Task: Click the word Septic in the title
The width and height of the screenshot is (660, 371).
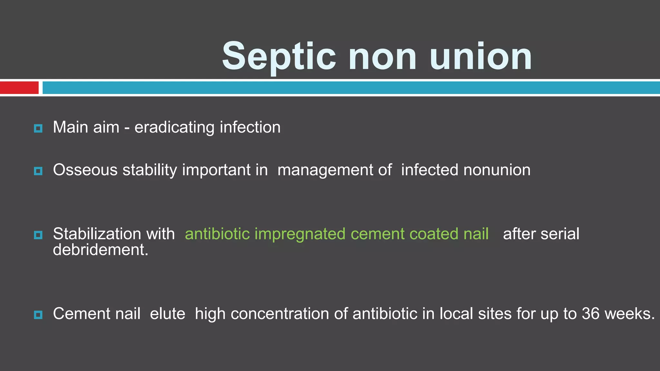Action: click(279, 57)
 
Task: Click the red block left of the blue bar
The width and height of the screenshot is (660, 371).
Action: click(19, 88)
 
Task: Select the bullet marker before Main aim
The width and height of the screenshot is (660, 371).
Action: click(38, 128)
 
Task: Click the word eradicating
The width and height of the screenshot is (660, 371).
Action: click(174, 127)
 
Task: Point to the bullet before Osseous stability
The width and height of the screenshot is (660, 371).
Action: click(38, 171)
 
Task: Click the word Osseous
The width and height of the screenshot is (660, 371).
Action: click(85, 170)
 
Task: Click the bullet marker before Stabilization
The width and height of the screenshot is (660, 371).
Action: click(38, 235)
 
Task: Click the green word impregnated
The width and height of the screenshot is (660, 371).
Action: click(300, 234)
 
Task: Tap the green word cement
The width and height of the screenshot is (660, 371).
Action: click(377, 234)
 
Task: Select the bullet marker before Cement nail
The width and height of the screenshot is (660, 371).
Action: click(38, 315)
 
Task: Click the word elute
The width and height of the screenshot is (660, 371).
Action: click(168, 313)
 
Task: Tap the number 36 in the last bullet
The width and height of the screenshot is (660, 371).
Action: click(591, 313)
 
